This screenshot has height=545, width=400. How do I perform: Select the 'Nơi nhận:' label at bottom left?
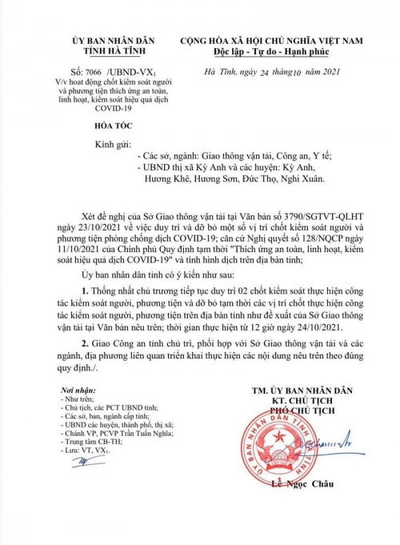[67, 431]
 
